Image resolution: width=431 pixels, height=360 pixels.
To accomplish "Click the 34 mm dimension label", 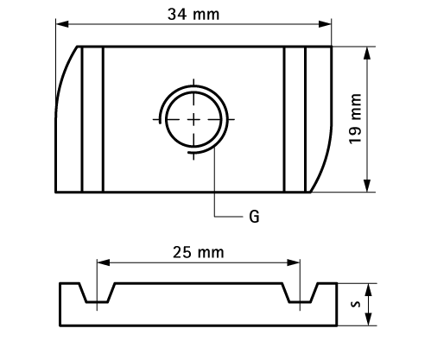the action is click(193, 14).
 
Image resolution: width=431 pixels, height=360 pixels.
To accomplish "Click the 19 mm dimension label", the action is click(355, 119).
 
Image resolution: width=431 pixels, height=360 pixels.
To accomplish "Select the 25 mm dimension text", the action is click(198, 252).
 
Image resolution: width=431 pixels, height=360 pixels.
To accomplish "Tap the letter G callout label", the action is click(254, 217).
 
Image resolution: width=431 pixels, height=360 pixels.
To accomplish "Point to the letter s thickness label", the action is click(356, 304).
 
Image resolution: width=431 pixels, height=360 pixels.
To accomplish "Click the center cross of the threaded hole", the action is click(193, 119).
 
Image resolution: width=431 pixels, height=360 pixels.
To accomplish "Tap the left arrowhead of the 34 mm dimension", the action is click(62, 24).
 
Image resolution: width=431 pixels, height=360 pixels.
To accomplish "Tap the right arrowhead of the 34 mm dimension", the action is click(325, 24).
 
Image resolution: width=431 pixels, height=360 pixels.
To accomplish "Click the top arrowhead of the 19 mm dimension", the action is click(367, 54).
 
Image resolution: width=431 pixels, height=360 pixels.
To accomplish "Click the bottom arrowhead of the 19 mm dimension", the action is click(367, 185).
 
